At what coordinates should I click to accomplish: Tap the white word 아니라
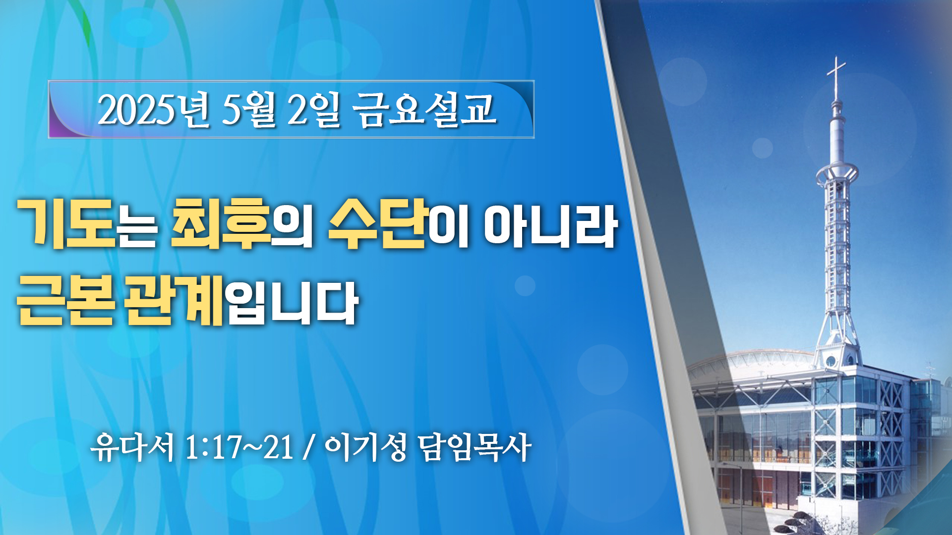(550, 226)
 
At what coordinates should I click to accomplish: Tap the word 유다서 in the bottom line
(133, 447)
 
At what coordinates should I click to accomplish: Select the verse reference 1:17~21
(239, 447)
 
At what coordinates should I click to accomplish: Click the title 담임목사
(475, 447)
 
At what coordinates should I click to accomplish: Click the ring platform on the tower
(837, 173)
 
